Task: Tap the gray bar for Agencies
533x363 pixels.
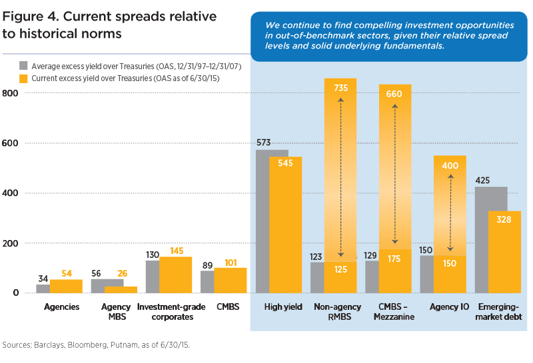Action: coord(43,289)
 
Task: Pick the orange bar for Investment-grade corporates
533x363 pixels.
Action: coord(175,275)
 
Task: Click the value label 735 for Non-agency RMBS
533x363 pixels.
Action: coord(340,87)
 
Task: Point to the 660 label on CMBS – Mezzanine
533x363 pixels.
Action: coord(394,93)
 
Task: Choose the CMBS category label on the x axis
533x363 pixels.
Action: coord(226,307)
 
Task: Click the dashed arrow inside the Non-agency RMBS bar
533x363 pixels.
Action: coord(340,177)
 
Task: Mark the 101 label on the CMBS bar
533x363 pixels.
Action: coord(231,263)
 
